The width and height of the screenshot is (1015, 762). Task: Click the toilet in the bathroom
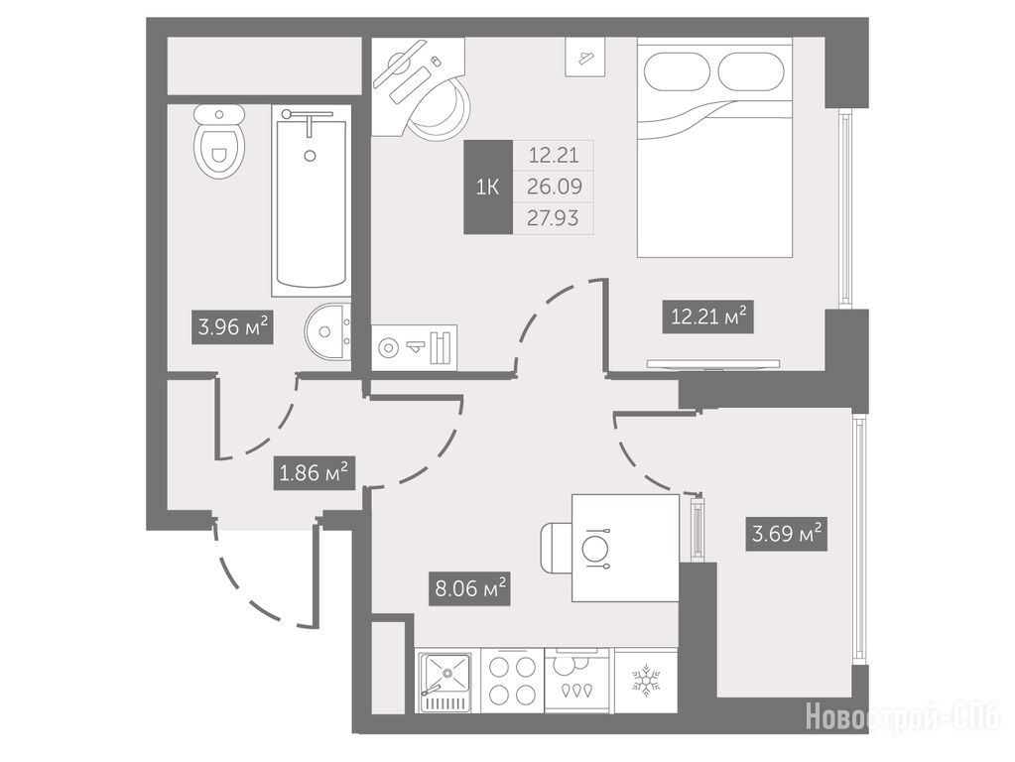[x=219, y=143]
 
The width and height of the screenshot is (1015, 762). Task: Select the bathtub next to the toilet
[x=311, y=200]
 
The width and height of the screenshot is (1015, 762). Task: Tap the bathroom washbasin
[x=326, y=331]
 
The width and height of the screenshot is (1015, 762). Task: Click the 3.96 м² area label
[x=232, y=327]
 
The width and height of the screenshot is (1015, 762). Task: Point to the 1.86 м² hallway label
[x=314, y=473]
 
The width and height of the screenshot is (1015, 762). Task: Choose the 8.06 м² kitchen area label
[x=470, y=589]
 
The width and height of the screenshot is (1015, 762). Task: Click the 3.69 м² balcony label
[x=787, y=535]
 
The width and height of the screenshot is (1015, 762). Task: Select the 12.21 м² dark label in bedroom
[x=708, y=317]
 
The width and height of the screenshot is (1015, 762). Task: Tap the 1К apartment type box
[x=487, y=188]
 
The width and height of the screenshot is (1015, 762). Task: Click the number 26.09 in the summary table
[x=554, y=188]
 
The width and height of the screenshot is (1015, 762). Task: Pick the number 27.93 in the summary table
[x=553, y=218]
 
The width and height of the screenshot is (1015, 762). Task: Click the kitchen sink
[x=444, y=681]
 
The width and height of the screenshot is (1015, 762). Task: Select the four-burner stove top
[x=512, y=681]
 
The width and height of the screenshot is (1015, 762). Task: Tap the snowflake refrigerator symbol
[x=645, y=681]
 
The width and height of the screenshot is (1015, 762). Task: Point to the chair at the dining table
[x=556, y=549]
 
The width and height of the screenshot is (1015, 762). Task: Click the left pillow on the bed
[x=678, y=71]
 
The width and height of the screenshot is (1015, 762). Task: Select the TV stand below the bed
[x=713, y=364]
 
